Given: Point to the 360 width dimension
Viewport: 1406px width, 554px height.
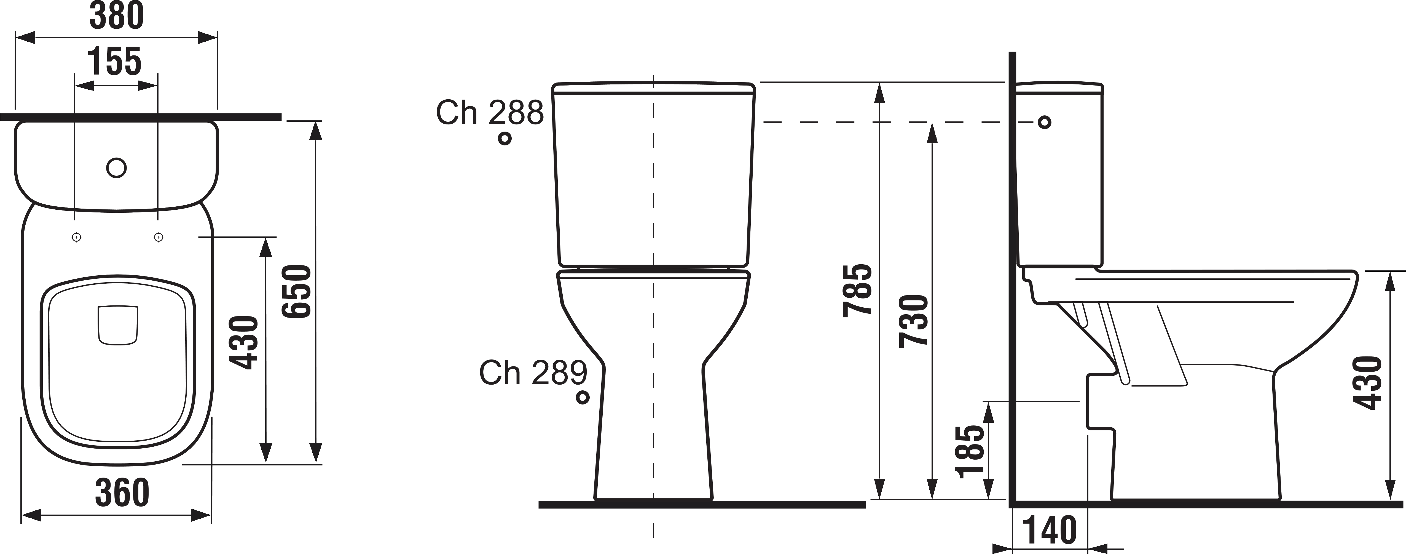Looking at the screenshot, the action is [122, 492].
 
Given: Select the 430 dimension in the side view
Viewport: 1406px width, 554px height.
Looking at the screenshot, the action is [1367, 382].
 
